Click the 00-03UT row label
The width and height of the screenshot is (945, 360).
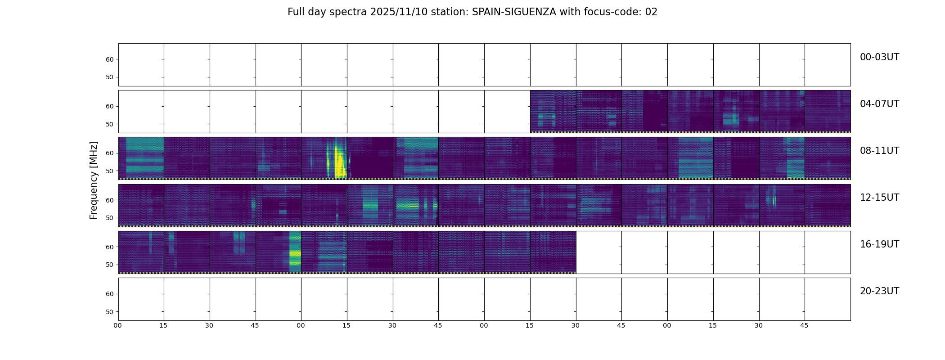coord(879,57)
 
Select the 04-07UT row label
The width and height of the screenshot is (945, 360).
coord(879,104)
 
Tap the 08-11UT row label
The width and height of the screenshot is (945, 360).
coord(879,151)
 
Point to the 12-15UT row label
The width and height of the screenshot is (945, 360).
coord(879,198)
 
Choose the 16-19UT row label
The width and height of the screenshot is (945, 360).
coord(879,244)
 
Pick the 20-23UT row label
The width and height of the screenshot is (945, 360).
coord(879,291)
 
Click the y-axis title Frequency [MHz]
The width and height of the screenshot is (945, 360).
coord(94,180)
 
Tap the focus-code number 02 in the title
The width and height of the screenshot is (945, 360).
coord(651,12)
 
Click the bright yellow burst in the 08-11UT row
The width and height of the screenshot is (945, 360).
coord(338,160)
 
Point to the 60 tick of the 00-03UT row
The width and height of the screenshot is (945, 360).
coord(110,59)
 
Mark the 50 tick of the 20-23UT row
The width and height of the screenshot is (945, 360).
coord(110,312)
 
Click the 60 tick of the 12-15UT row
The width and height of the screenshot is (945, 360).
coord(110,200)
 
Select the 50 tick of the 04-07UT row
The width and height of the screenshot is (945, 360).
coord(110,124)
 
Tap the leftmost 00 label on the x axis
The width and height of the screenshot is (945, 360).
coord(118,326)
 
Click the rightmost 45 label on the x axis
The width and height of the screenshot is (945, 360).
coord(804,326)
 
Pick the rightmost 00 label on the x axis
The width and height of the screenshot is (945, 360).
coord(667,326)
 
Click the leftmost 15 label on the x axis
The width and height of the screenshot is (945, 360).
coord(163,326)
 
